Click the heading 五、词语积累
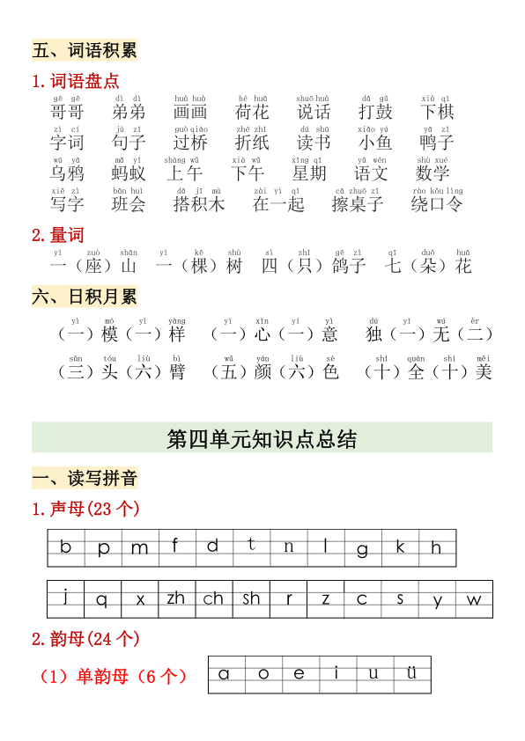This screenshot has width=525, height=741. coord(85,50)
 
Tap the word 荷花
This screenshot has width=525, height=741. coord(252,112)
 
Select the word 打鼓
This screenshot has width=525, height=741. coord(375,112)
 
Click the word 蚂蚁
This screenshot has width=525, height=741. coord(129,173)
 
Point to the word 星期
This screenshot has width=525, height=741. coord(309,173)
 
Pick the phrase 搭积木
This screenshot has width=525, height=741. coord(199,204)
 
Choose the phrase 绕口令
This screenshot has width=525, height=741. coord(437,204)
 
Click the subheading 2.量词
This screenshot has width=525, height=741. coord(58,235)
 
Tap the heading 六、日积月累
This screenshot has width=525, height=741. coord(85,297)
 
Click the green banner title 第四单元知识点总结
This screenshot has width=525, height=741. coord(262,438)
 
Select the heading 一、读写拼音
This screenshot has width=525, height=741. coord(85,479)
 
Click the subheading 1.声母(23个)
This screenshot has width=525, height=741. coord(85,510)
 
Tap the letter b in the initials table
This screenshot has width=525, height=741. coord(66,547)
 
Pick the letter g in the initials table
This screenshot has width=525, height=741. coord(363,549)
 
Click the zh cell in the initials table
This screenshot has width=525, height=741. coord(176,599)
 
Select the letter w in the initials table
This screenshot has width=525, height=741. coord(474,600)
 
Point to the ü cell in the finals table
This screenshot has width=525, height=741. coord(411,674)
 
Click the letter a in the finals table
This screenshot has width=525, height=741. coord(225,674)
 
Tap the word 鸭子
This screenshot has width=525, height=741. coord(437,143)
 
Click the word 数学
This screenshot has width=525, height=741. coord(433,173)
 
